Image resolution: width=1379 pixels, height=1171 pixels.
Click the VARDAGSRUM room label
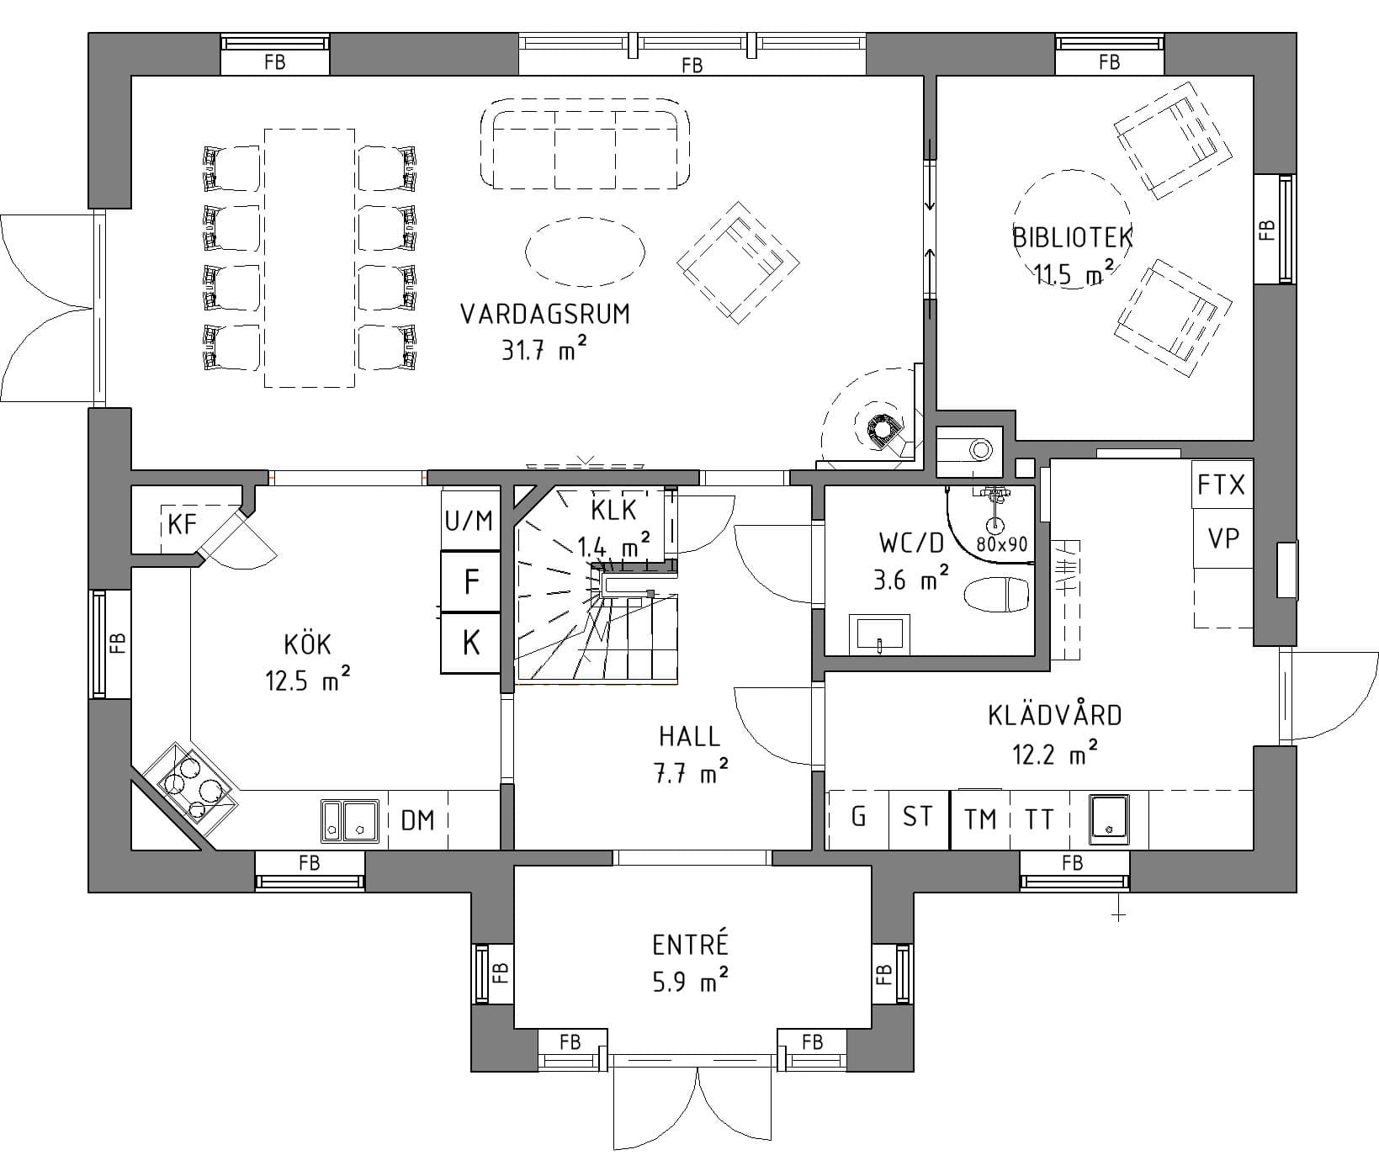[x=545, y=315]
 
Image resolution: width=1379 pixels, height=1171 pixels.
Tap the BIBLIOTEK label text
[x=1073, y=237]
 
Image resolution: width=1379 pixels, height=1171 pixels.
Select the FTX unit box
[x=1222, y=485]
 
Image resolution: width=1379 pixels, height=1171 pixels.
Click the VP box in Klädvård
[x=1223, y=538]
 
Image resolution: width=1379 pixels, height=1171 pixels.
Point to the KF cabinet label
[x=183, y=525]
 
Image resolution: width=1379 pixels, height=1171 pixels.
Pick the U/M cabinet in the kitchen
[x=469, y=522]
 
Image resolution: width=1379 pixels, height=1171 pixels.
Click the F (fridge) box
[x=471, y=582]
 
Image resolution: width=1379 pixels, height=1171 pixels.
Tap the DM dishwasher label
[x=418, y=819]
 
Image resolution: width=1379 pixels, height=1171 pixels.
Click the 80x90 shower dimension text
[x=1002, y=544]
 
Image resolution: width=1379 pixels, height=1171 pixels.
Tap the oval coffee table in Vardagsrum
[x=586, y=251]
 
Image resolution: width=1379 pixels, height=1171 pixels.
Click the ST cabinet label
[x=918, y=816]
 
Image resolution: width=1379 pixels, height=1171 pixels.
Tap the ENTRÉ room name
[x=691, y=946]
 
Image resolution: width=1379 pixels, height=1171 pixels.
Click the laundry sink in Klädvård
[x=1108, y=819]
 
